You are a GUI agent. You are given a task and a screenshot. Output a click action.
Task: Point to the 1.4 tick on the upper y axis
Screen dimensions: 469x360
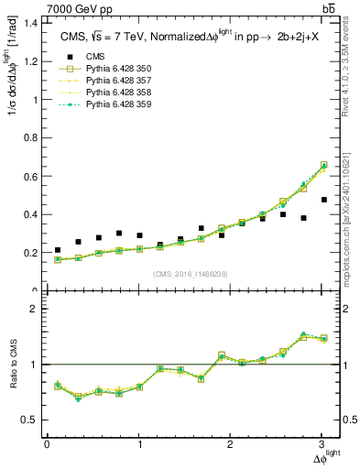point(32,23)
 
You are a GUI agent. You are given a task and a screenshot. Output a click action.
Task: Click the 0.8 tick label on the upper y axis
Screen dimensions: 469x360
point(32,138)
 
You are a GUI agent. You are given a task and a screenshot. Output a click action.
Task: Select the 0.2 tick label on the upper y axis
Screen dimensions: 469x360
point(32,253)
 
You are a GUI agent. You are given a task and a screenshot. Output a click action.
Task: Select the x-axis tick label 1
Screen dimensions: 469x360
point(139,444)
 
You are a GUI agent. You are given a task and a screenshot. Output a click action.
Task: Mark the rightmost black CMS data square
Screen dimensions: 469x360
point(323,200)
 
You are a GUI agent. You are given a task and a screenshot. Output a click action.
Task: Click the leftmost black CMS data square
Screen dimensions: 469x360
point(58,250)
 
